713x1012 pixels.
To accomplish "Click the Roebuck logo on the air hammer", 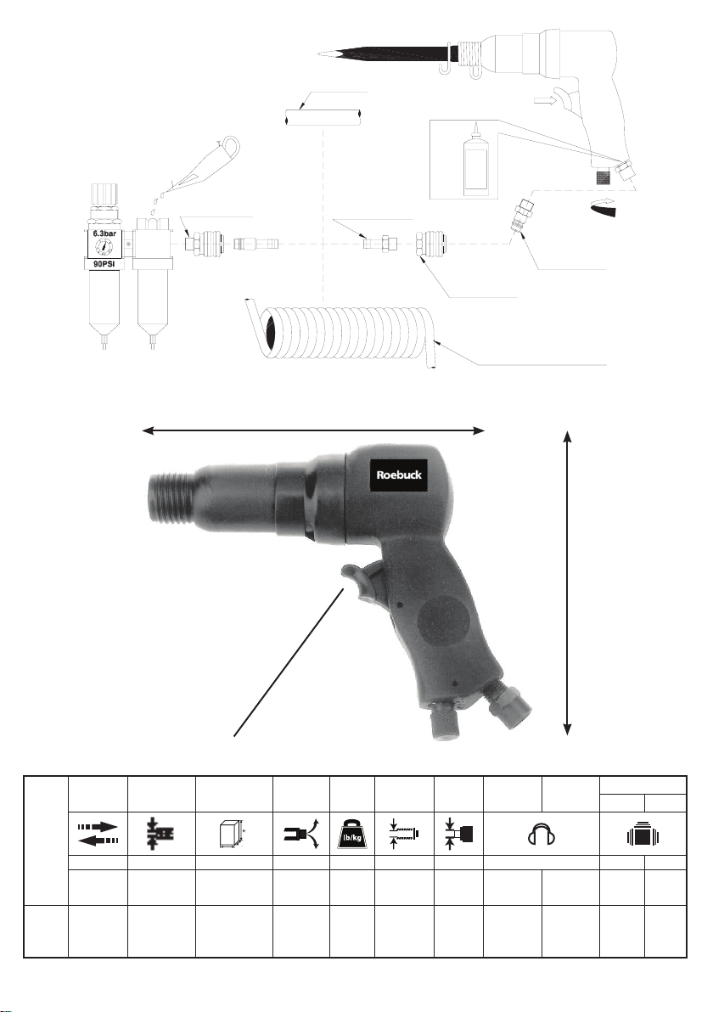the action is pyautogui.click(x=399, y=475).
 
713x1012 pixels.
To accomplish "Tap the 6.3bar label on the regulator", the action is pyautogui.click(x=104, y=233).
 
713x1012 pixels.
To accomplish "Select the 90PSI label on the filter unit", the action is pyautogui.click(x=104, y=264).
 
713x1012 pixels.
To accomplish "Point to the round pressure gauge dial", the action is pyautogui.click(x=104, y=247).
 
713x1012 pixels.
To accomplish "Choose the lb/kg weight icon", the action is pyautogui.click(x=351, y=835).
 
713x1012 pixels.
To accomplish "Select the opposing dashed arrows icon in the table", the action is pyautogui.click(x=98, y=834).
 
